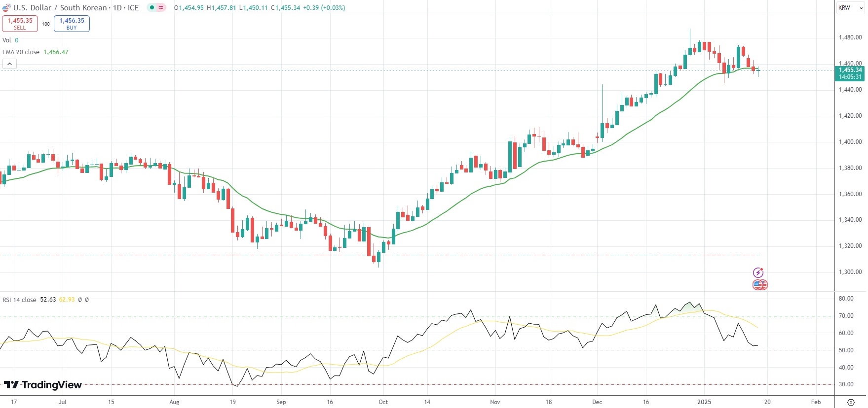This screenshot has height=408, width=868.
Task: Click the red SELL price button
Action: (x=20, y=24)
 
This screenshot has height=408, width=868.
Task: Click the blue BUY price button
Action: (x=72, y=24)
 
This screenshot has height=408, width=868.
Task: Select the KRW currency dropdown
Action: (x=850, y=8)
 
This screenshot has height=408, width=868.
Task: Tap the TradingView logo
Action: (x=43, y=385)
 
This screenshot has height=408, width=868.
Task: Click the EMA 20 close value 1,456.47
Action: (x=56, y=52)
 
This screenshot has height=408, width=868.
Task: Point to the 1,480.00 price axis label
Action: (x=850, y=37)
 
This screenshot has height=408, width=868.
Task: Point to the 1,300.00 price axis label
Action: (x=850, y=272)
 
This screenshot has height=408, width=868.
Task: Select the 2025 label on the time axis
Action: (x=704, y=402)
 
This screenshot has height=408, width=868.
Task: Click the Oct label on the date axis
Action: (x=383, y=402)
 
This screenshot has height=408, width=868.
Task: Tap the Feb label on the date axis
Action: (x=816, y=402)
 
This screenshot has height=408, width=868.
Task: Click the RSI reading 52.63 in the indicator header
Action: (x=48, y=300)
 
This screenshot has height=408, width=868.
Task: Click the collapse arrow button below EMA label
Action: (x=9, y=64)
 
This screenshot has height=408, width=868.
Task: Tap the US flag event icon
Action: (x=759, y=285)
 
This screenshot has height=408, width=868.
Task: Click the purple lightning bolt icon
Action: (x=758, y=272)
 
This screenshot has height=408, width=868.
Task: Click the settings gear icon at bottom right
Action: (x=851, y=402)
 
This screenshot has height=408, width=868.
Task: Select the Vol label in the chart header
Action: (x=7, y=40)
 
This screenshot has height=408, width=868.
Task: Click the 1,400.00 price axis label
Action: (x=850, y=142)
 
